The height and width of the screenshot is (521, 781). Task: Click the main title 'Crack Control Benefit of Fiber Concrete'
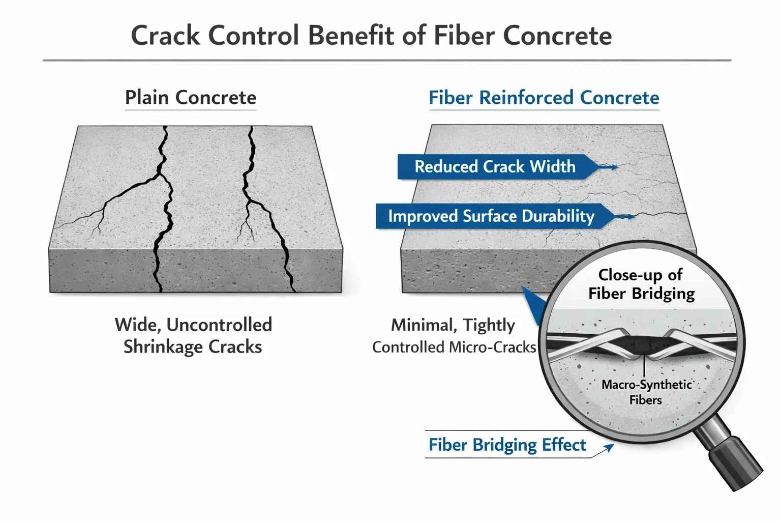pos(371,36)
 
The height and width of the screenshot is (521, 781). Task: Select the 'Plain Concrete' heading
pos(191,98)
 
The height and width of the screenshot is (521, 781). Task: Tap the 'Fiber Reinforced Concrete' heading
pos(544,98)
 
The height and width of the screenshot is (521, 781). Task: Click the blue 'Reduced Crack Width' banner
pos(494,167)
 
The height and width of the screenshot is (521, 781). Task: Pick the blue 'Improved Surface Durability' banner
pos(491,216)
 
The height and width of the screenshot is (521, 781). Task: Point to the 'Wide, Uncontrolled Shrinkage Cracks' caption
pos(193,336)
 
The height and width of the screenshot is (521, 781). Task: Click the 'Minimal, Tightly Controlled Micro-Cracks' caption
pos(454,336)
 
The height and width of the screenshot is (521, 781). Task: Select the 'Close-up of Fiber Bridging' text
pos(641,284)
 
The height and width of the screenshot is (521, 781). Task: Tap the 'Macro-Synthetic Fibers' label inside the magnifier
pos(646,392)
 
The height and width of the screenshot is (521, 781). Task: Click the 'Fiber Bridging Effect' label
pos(507,445)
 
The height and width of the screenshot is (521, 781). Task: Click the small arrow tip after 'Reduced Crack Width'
pos(615,167)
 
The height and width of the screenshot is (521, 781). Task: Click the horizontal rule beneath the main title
pos(386,61)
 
